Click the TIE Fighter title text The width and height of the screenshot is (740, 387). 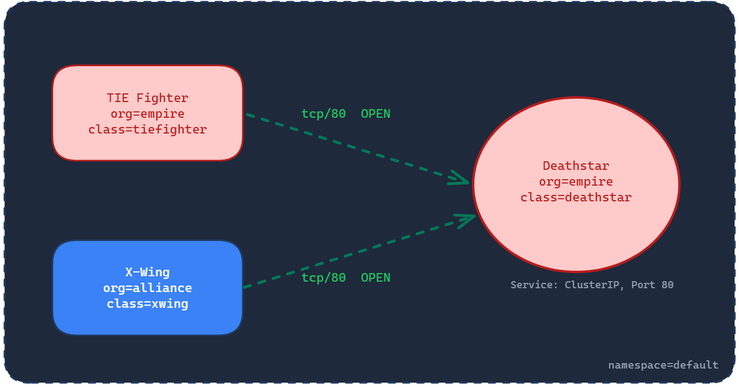(x=147, y=98)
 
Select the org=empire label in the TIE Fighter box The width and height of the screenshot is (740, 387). (x=147, y=114)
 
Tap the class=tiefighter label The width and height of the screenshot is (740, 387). (x=147, y=130)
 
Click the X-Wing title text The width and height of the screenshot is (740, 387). (x=147, y=272)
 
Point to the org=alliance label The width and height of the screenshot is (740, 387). (x=147, y=288)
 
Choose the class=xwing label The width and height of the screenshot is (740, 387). (x=147, y=303)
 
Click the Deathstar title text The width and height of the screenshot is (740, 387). (x=575, y=166)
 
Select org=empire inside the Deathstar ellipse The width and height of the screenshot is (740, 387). (x=575, y=182)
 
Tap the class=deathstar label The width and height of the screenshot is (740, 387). (x=575, y=198)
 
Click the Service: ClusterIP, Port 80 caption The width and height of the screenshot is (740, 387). (x=592, y=285)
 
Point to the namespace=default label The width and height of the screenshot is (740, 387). (x=663, y=365)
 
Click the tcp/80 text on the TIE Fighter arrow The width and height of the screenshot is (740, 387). (x=324, y=114)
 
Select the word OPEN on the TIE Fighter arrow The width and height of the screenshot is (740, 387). (x=375, y=114)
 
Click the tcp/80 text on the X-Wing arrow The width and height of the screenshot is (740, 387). (x=324, y=278)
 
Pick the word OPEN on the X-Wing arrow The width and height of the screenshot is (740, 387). (x=375, y=278)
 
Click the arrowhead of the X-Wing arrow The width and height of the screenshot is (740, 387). (x=468, y=218)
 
